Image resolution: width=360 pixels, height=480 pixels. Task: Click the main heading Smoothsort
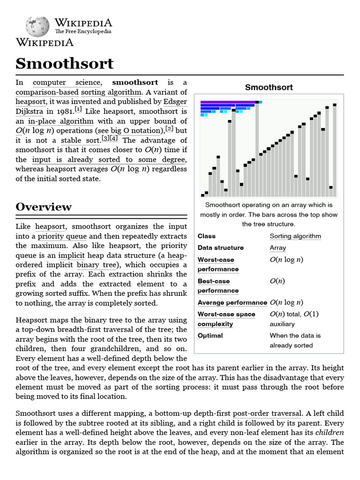[65, 63]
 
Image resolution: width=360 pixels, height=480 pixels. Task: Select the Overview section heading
[44, 207]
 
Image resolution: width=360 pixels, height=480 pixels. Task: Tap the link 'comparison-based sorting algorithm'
[78, 92]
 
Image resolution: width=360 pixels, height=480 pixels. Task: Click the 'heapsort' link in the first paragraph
[30, 102]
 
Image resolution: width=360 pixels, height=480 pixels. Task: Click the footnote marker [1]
[78, 110]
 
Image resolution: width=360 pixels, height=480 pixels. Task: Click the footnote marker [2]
[169, 129]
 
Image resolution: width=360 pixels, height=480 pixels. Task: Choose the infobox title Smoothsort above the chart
[269, 87]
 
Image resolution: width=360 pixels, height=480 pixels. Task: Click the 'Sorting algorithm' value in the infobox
[295, 236]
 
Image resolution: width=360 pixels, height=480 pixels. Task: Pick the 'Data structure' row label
[220, 248]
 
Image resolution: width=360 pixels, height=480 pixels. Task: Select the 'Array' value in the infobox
[277, 248]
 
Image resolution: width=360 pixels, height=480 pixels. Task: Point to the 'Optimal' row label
[210, 336]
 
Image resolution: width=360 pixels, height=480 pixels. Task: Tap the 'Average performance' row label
[232, 303]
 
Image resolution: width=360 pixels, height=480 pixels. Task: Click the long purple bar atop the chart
[228, 102]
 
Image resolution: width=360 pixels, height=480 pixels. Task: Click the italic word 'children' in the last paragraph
[330, 433]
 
